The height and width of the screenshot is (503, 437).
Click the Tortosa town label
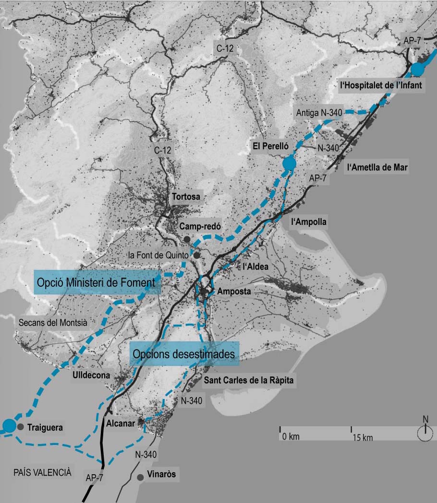[185, 197]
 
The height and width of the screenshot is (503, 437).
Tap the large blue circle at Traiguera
[9, 425]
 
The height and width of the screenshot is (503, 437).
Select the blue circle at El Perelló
[288, 164]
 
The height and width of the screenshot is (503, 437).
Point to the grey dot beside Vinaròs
[140, 478]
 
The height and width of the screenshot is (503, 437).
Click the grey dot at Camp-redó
[187, 239]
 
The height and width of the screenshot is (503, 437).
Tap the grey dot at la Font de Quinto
[196, 255]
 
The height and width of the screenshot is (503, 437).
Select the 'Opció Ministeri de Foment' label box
[97, 283]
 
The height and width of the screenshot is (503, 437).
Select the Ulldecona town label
[91, 374]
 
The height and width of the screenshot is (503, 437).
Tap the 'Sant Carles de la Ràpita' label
[248, 381]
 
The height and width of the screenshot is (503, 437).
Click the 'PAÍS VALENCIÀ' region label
[42, 472]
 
